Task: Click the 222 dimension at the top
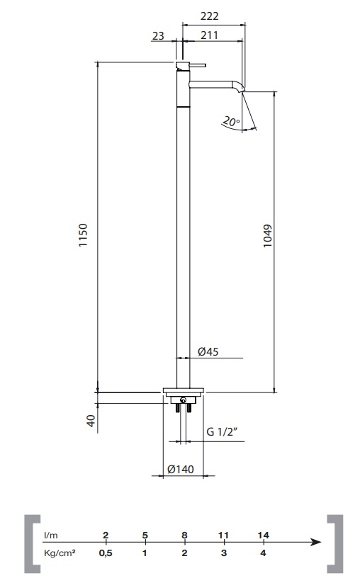click(209, 16)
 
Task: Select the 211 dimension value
click(209, 35)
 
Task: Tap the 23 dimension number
click(158, 35)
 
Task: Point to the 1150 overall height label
click(83, 234)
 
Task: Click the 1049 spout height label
click(267, 236)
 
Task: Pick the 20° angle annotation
click(231, 122)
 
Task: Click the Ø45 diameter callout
click(208, 351)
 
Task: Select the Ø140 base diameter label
click(181, 469)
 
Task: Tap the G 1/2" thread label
click(222, 431)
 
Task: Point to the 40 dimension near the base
click(91, 421)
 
